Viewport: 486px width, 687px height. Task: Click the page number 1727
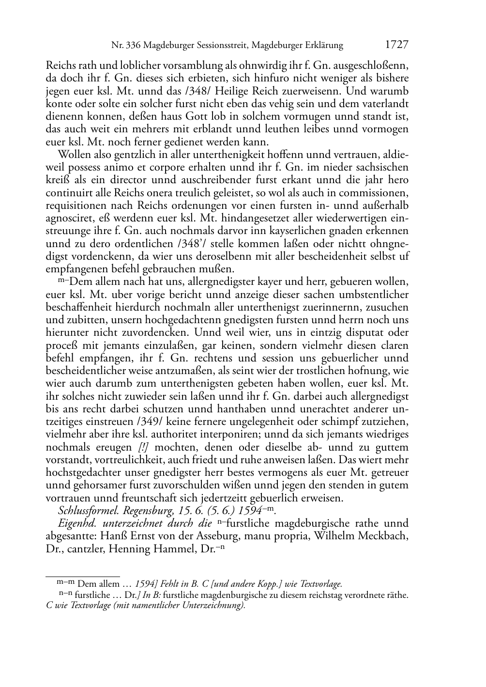[396, 45]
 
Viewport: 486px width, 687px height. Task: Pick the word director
[127, 180]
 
